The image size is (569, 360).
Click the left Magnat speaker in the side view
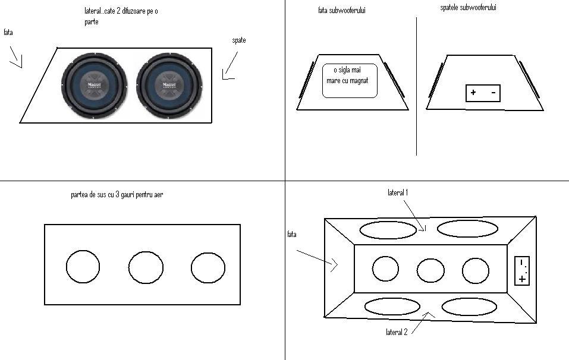tap(95, 86)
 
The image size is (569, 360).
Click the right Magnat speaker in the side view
tap(169, 86)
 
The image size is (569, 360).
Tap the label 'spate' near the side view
tap(239, 40)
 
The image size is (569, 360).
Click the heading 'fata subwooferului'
tap(342, 10)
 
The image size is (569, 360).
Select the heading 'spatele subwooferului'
tap(468, 8)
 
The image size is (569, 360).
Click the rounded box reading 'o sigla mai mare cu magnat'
tap(350, 80)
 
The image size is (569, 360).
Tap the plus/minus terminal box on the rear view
tap(483, 93)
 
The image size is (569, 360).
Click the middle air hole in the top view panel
tap(146, 267)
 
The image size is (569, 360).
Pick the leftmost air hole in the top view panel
tap(83, 267)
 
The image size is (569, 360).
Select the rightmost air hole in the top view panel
tap(208, 268)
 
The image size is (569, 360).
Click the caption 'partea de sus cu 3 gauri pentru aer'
tap(117, 195)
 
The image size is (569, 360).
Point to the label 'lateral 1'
tap(398, 192)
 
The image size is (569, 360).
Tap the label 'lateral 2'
tap(397, 331)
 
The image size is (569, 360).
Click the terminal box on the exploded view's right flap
tap(522, 271)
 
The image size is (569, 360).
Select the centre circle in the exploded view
tap(430, 270)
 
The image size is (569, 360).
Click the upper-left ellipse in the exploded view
tap(388, 230)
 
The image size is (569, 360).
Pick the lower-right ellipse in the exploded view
tap(469, 307)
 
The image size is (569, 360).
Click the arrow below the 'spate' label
tap(230, 65)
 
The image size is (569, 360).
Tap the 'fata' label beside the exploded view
tap(292, 234)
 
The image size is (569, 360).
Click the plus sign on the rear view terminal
tap(473, 93)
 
